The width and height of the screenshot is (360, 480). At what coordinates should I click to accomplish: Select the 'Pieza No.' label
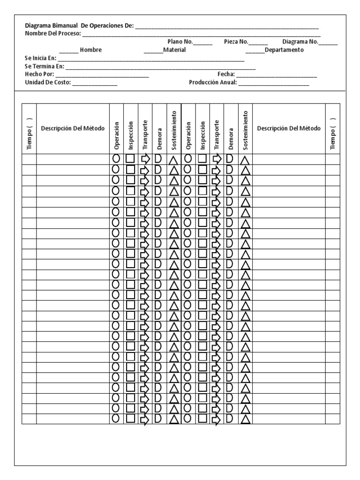(x=236, y=42)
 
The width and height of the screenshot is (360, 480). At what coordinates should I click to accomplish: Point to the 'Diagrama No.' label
(x=300, y=42)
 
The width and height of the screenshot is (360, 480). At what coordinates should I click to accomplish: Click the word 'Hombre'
(x=91, y=50)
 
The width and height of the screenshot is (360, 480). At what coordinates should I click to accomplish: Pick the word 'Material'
(x=174, y=50)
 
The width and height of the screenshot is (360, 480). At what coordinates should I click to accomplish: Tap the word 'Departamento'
(x=284, y=50)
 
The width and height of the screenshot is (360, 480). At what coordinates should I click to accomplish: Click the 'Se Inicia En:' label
(x=40, y=58)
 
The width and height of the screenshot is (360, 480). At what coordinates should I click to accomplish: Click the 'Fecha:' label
(x=226, y=74)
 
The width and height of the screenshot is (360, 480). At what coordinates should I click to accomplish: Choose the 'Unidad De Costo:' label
(x=47, y=82)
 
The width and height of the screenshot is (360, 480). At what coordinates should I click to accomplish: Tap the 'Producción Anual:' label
(x=213, y=82)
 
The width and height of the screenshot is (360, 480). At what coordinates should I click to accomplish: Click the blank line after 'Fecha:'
(x=277, y=75)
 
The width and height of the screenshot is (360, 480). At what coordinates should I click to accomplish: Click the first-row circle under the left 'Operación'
(x=116, y=159)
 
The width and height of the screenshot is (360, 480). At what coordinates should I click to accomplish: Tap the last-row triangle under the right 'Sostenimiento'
(x=245, y=419)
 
